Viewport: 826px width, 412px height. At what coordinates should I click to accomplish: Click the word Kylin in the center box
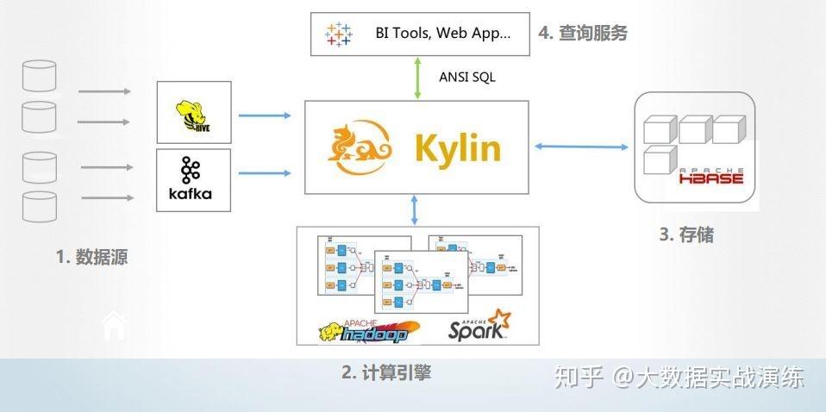457,148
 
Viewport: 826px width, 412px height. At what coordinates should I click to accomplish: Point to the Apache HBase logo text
711,178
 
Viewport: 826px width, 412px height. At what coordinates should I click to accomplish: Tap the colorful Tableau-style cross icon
338,34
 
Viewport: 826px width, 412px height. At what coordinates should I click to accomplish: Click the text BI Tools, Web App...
442,34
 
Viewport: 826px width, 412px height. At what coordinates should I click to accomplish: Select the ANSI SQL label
467,77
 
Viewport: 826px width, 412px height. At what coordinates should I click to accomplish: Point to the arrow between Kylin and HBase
581,147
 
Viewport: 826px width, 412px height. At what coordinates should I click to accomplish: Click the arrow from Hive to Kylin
265,115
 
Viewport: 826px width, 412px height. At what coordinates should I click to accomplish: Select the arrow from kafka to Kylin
265,173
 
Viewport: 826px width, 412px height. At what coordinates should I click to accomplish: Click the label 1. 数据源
91,256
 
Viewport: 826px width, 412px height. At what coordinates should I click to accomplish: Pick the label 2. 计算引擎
386,372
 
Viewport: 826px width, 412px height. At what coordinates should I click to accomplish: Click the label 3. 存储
685,234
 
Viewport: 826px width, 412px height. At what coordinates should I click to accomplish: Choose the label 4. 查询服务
583,34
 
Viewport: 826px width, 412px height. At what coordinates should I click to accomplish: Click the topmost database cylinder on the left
39,76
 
